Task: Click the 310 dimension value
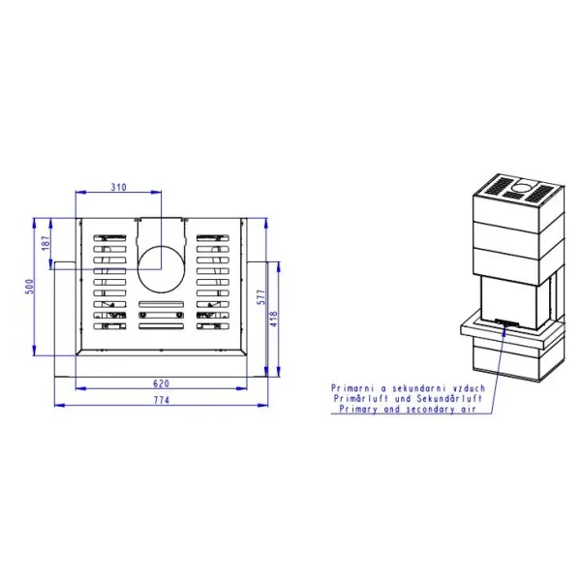point(118,187)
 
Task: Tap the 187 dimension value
point(46,243)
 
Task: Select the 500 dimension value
point(29,287)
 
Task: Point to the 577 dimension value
point(261,297)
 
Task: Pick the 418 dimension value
point(274,319)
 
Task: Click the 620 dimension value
point(161,383)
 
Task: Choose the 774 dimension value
point(161,400)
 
